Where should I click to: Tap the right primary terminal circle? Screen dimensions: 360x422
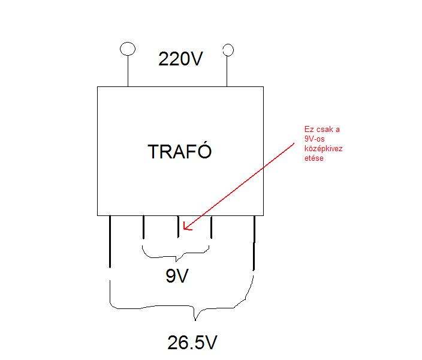[x=227, y=49]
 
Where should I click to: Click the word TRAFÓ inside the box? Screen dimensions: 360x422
[x=180, y=151]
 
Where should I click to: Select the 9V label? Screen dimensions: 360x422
[x=177, y=277]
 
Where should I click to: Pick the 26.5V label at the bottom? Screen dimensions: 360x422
[x=192, y=343]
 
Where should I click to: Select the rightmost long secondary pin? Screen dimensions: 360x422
[x=254, y=243]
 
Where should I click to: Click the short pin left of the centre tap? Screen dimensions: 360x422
[x=143, y=227]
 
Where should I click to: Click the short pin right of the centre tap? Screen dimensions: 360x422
[x=211, y=227]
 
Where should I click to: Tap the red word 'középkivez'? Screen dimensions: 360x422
[x=323, y=149]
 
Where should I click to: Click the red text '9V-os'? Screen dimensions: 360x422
[x=315, y=140]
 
